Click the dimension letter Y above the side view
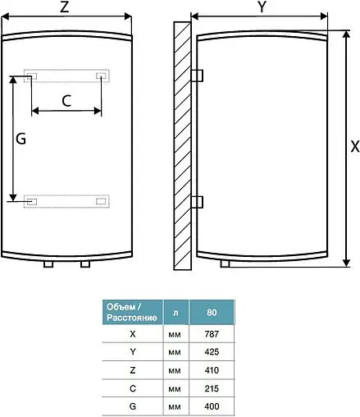(x=261, y=8)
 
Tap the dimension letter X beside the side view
(x=353, y=148)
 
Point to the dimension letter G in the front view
(x=21, y=139)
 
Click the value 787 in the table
(x=211, y=334)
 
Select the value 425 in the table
(x=211, y=352)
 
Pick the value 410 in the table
(x=211, y=370)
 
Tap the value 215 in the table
(x=211, y=388)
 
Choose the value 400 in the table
(x=211, y=406)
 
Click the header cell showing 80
(x=211, y=312)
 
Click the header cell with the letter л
(x=175, y=312)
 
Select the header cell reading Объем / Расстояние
(x=131, y=312)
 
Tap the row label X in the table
(x=132, y=334)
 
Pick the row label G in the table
(x=132, y=406)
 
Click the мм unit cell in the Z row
(x=175, y=370)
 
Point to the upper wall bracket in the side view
(x=196, y=75)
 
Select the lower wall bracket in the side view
(x=196, y=202)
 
